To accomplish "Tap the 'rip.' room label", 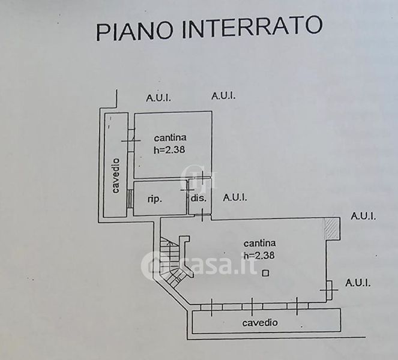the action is click(155, 199).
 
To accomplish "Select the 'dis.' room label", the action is click(199, 197).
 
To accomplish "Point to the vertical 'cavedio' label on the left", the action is click(115, 176).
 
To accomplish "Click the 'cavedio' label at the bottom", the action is click(260, 323).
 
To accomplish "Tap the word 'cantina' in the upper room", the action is click(170, 138).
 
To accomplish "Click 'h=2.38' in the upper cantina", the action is click(169, 149).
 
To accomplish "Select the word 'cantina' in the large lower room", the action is click(259, 243).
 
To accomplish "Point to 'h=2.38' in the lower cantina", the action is click(259, 255).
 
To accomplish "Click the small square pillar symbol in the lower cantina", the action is click(265, 273).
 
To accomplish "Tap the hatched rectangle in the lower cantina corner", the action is click(332, 229).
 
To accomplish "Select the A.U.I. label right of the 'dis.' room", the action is click(235, 197).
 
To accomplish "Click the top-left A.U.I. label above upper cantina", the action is click(158, 98).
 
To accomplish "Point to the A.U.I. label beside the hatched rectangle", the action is click(363, 216).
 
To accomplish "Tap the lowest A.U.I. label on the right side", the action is click(358, 283).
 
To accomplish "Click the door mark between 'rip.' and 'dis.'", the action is click(187, 190).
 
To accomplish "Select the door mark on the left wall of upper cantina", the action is click(131, 141).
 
